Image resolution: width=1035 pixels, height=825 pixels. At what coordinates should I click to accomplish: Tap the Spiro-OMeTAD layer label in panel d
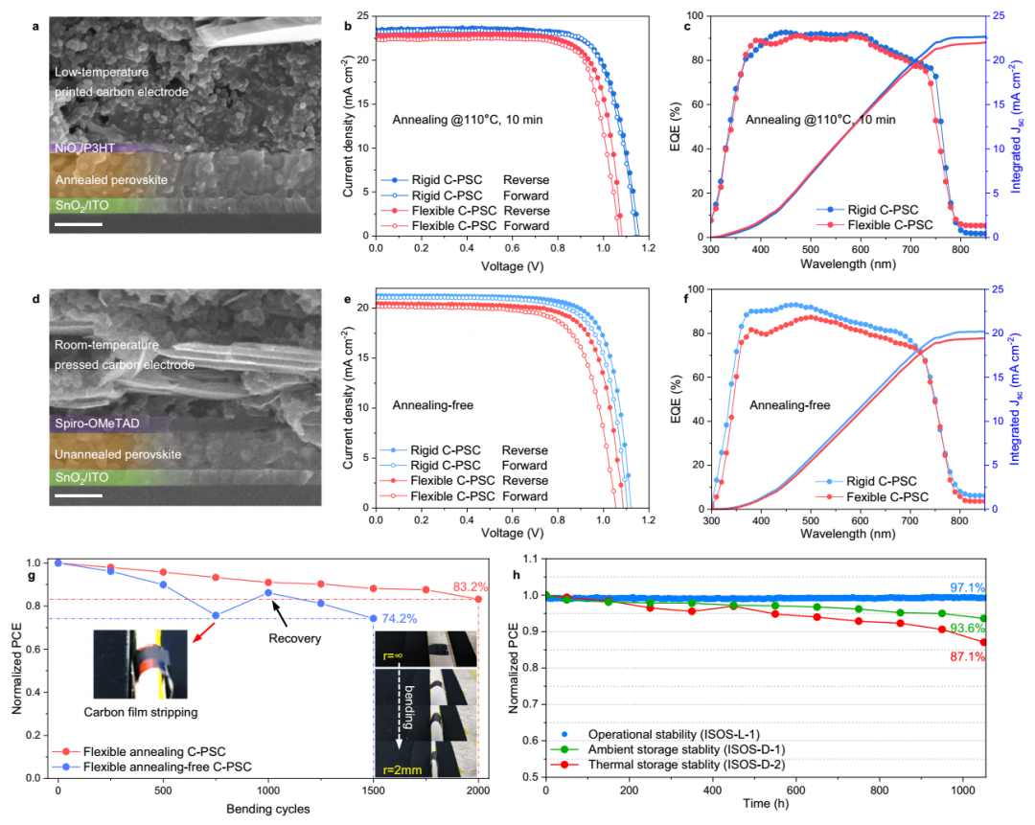click(x=97, y=423)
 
